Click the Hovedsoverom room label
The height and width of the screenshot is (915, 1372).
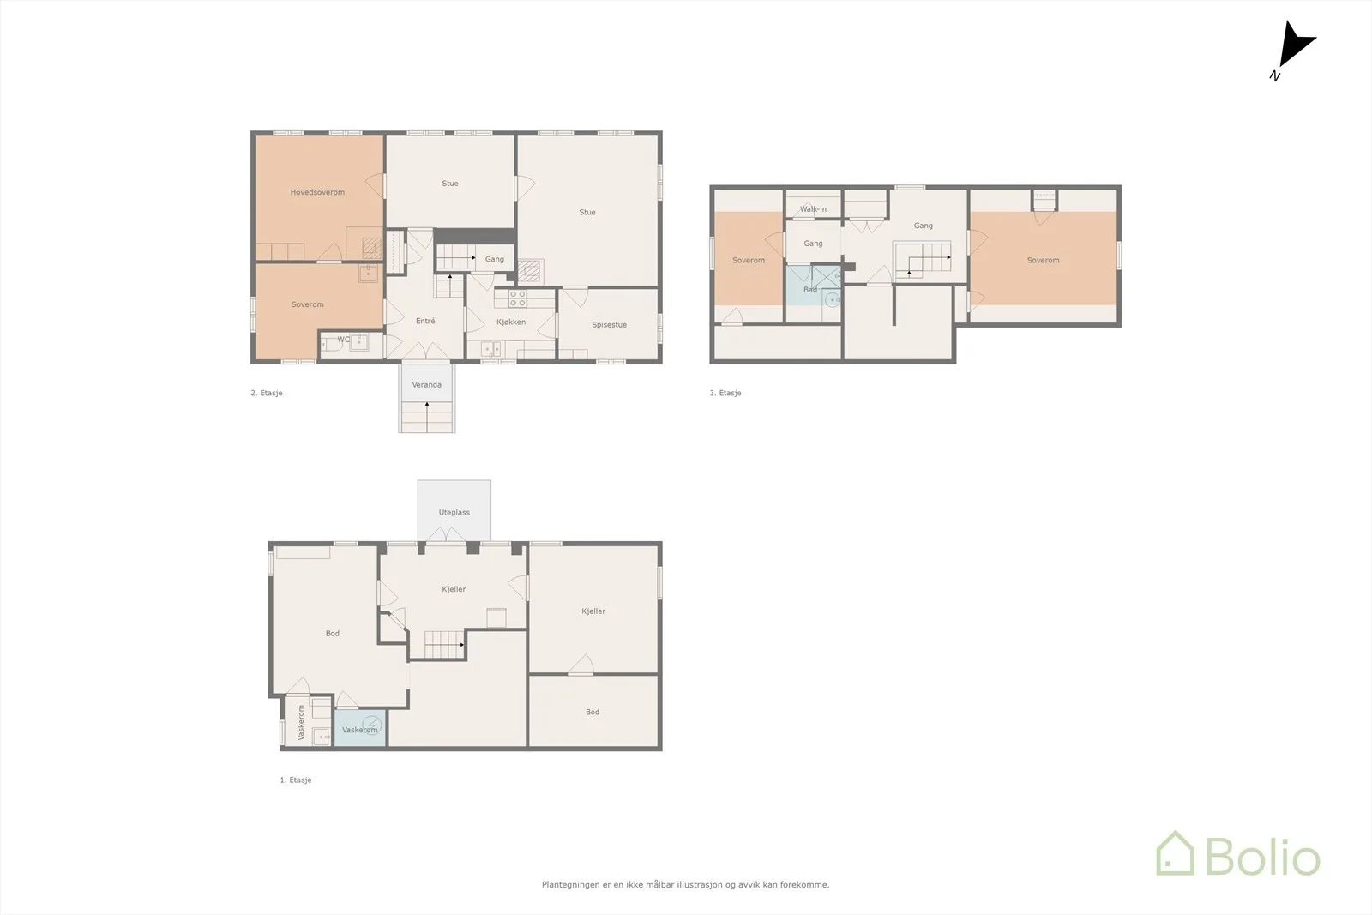click(x=317, y=192)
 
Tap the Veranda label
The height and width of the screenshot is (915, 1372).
click(x=427, y=385)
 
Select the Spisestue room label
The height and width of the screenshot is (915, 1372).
click(x=609, y=325)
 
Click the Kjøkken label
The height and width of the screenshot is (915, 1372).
click(x=511, y=322)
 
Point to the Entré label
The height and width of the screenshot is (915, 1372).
click(x=425, y=321)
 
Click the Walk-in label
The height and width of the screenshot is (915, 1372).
click(x=813, y=209)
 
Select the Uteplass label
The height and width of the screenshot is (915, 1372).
click(x=454, y=512)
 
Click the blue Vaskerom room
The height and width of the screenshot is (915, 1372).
click(x=360, y=727)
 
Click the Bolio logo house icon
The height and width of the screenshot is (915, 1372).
click(x=1175, y=853)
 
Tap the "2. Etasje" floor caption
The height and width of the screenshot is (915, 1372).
click(x=267, y=394)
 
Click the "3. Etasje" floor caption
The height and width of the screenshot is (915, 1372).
click(x=725, y=394)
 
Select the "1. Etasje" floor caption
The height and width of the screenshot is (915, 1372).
click(x=296, y=780)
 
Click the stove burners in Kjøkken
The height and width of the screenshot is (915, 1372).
click(x=518, y=298)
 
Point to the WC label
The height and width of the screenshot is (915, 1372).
click(x=344, y=340)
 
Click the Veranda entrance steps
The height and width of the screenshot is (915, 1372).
click(x=427, y=417)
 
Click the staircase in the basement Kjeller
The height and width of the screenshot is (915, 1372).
click(x=444, y=645)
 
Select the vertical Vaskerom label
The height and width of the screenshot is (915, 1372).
click(x=301, y=722)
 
